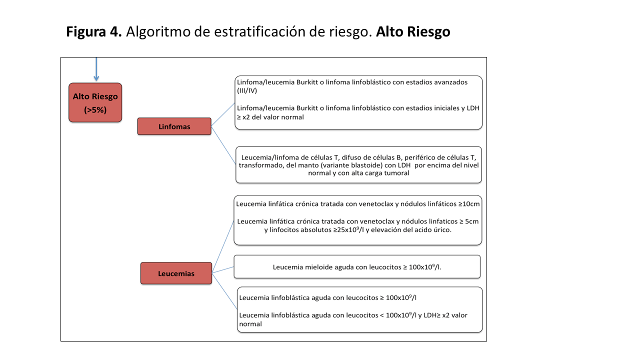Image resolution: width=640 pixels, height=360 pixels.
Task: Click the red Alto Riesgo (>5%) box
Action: [x=95, y=102]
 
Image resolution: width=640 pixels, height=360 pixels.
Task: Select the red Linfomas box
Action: [x=174, y=126]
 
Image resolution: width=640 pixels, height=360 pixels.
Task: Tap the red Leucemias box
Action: [x=176, y=273]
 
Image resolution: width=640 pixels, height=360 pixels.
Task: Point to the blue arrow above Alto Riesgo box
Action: [x=96, y=70]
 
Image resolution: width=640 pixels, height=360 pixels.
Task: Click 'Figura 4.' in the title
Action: [x=94, y=32]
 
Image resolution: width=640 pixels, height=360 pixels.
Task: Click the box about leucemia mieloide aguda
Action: [x=357, y=267]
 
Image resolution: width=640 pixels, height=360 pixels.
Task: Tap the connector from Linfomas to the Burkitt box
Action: [x=223, y=114]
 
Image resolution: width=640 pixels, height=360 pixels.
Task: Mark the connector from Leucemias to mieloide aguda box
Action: [x=223, y=269]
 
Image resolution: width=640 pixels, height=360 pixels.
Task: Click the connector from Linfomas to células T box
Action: [x=223, y=145]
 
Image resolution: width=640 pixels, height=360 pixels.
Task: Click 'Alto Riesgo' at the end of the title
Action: [x=413, y=32]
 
